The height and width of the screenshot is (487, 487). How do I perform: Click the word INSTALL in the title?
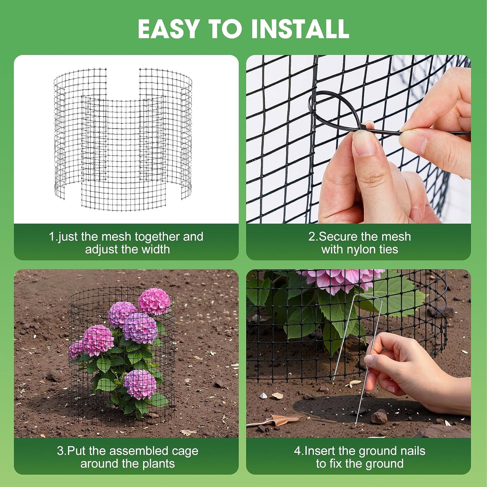coord(300,29)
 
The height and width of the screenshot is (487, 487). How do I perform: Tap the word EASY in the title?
coord(169,29)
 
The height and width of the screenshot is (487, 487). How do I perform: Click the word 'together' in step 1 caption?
coord(155,237)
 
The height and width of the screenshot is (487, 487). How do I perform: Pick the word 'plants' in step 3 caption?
coord(158,464)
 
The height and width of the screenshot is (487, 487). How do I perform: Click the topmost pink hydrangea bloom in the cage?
coord(154,301)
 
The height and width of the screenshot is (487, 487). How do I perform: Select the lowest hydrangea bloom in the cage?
coord(140,384)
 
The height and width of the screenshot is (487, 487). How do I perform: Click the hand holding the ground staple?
coord(404,371)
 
